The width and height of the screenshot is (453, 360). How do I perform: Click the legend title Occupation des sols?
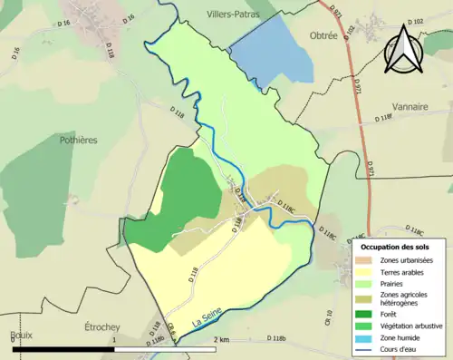pyautogui.click(x=395, y=247)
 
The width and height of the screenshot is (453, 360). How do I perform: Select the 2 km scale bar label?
pyautogui.click(x=221, y=338)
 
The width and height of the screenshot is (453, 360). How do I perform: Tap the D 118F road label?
pyautogui.click(x=386, y=117)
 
